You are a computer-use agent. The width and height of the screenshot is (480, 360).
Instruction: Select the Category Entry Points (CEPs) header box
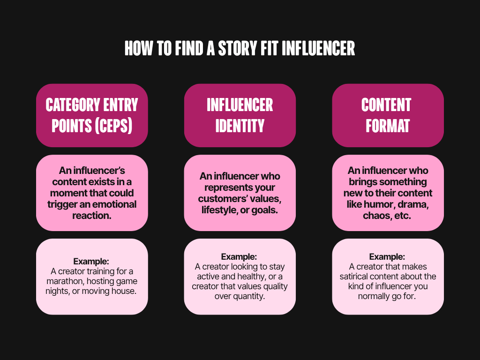pos(92,115)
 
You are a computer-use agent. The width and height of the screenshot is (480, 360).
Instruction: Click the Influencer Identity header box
pos(240,115)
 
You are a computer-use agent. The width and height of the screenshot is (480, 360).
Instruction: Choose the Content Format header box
pos(388,115)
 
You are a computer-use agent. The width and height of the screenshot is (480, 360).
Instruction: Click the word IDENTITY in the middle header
pos(240,125)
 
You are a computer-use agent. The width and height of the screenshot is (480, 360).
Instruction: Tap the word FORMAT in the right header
pos(388,125)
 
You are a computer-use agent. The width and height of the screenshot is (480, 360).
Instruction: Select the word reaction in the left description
pos(92,215)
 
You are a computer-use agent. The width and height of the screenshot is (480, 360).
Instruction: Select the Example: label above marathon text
pos(92,262)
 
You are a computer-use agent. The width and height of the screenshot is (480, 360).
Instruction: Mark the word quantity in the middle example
pos(249,296)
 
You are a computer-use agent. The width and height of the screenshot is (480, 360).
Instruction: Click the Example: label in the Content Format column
pos(388,257)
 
